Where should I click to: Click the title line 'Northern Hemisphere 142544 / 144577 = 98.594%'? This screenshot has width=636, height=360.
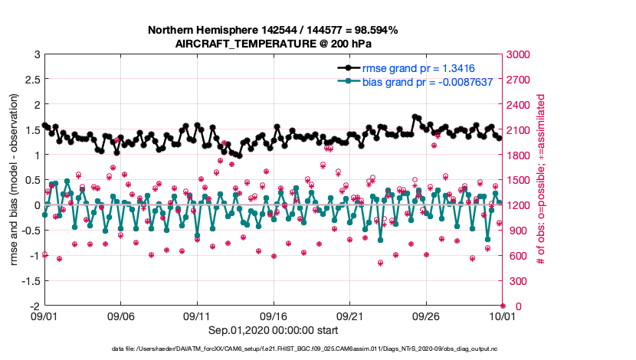(x=272, y=30)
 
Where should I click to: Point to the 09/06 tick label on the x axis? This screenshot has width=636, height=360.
(x=121, y=316)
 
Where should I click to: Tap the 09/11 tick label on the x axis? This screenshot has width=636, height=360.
(x=198, y=316)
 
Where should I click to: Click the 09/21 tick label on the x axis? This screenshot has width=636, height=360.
(x=350, y=316)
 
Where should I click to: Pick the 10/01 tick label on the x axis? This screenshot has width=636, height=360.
(x=503, y=316)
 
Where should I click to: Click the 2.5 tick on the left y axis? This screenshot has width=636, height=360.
(x=33, y=80)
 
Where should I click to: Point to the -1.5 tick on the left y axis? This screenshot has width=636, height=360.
(x=31, y=281)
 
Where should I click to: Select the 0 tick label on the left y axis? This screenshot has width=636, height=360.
(x=37, y=205)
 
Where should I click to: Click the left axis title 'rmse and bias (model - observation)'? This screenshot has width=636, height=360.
(x=15, y=180)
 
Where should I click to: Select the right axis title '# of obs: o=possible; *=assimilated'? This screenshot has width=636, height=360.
(x=541, y=180)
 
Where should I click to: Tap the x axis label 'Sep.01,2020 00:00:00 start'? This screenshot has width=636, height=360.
(x=274, y=330)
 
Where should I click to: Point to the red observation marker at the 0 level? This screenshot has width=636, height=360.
(x=503, y=306)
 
